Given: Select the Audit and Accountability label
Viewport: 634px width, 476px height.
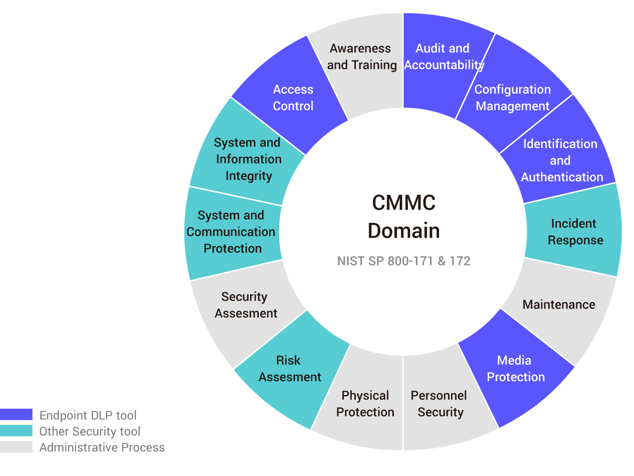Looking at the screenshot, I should click(x=443, y=57).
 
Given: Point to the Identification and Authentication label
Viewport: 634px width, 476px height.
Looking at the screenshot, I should click(x=561, y=160).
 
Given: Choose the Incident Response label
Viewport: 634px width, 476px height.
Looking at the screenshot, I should click(x=575, y=232).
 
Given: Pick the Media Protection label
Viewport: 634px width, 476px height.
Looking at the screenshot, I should click(x=515, y=369).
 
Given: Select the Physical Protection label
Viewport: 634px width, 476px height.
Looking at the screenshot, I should click(x=365, y=404).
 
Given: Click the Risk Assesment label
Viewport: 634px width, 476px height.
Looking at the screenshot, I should click(x=289, y=369).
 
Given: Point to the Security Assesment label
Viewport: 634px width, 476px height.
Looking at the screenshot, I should click(x=246, y=305).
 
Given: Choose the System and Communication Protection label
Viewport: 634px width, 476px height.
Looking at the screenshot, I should click(x=231, y=232).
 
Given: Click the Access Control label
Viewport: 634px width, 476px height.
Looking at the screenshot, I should click(x=293, y=98).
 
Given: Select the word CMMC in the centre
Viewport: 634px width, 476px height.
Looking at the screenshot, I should click(x=404, y=203).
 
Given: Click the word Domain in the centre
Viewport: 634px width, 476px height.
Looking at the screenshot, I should click(x=404, y=231).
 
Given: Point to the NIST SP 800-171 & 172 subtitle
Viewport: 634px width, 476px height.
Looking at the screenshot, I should click(x=404, y=261).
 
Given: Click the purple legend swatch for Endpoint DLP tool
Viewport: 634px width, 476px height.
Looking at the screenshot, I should click(x=16, y=414).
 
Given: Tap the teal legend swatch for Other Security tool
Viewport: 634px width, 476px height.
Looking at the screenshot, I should click(x=16, y=431).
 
